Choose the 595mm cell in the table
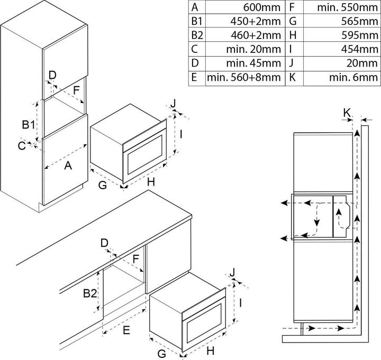point(362,36)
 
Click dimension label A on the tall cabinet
point(68,166)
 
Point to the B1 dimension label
point(29,125)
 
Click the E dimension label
point(127,331)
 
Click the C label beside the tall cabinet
point(21,146)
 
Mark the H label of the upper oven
point(151,183)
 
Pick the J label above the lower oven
point(233,272)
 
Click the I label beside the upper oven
point(181,134)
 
